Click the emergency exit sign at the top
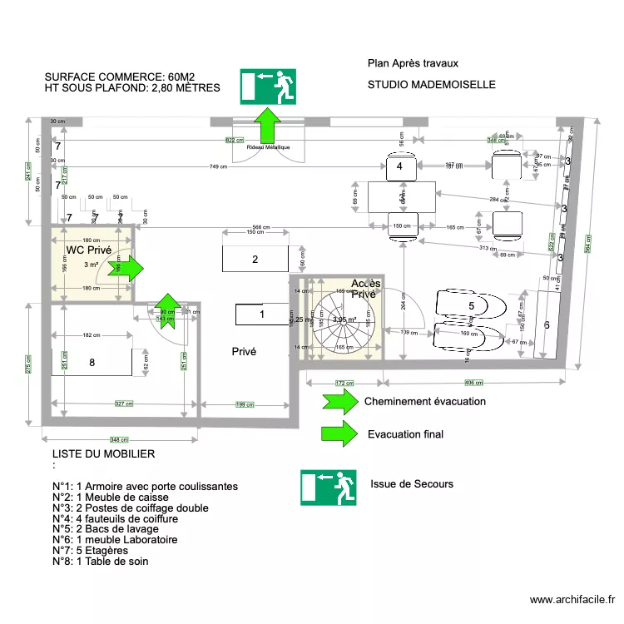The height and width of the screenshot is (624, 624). pyautogui.click(x=268, y=87)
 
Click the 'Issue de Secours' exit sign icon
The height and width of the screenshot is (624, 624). pyautogui.click(x=328, y=488)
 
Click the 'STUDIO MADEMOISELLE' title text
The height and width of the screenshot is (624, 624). pyautogui.click(x=431, y=85)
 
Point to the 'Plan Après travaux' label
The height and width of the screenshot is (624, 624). pyautogui.click(x=413, y=63)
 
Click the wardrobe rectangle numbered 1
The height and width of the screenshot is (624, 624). pyautogui.click(x=262, y=314)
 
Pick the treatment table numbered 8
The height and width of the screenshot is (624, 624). pyautogui.click(x=92, y=362)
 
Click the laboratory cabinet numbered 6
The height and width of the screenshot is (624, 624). pyautogui.click(x=547, y=325)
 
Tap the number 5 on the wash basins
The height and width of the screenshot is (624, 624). pyautogui.click(x=471, y=306)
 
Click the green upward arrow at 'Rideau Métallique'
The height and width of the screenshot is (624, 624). pyautogui.click(x=268, y=126)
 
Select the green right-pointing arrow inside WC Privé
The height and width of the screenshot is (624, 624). pyautogui.click(x=133, y=268)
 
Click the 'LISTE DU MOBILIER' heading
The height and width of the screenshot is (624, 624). pyautogui.click(x=103, y=454)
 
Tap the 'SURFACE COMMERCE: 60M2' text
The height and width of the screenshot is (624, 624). pyautogui.click(x=120, y=77)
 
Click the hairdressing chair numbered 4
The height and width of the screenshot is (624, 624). pyautogui.click(x=399, y=167)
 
